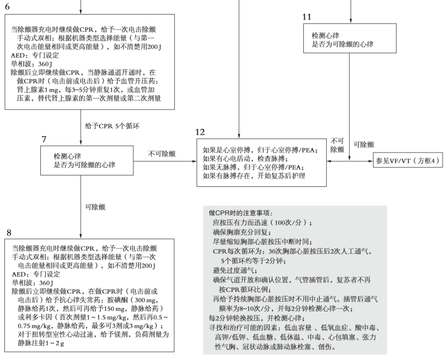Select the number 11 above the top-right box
[307, 17]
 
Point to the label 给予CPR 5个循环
[112, 126]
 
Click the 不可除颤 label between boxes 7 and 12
[162, 154]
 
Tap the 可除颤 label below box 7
[95, 206]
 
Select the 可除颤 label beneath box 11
[364, 145]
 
